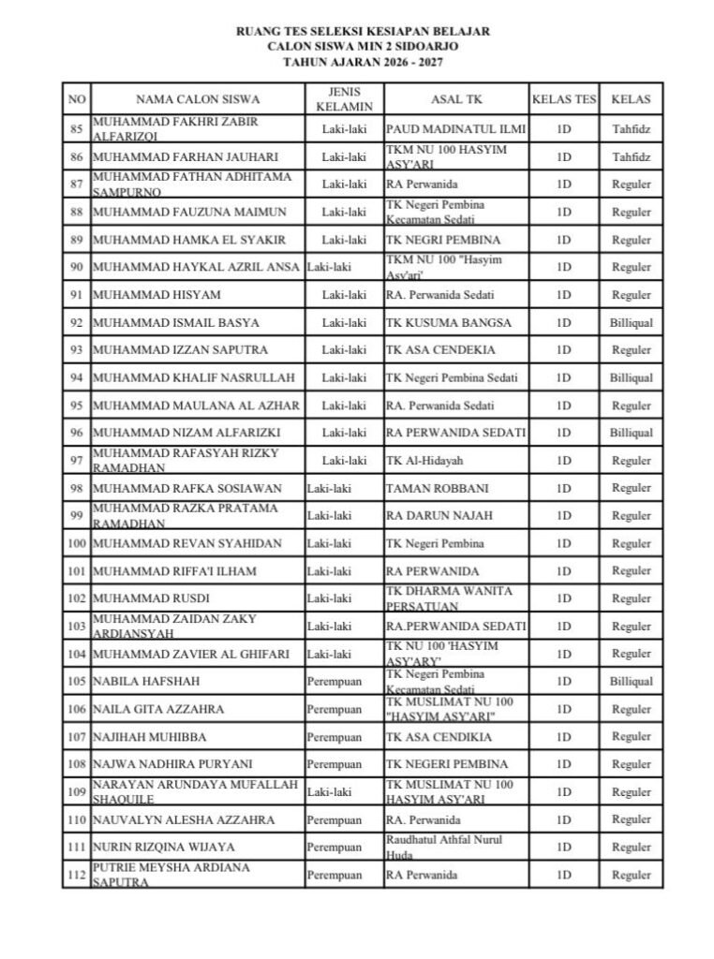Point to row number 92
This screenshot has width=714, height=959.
tap(78, 323)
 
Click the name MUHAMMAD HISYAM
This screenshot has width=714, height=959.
tap(156, 296)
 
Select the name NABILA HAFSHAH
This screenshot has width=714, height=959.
tap(145, 682)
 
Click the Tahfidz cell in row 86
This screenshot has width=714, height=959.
tap(631, 157)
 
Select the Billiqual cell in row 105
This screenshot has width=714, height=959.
tap(631, 682)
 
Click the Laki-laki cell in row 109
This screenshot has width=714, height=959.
tap(329, 792)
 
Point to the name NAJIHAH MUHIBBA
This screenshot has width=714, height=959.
tap(150, 737)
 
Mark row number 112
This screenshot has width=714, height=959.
tap(78, 875)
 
